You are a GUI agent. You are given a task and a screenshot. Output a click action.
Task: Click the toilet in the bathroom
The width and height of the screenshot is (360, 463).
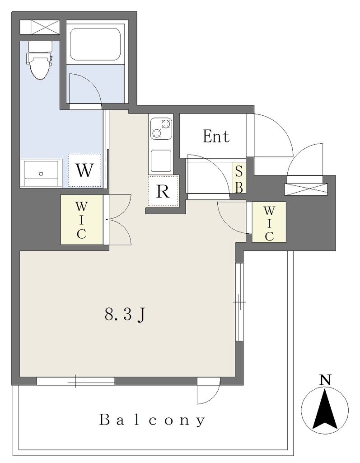40,61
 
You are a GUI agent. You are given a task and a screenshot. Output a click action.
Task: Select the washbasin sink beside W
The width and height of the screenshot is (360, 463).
41,173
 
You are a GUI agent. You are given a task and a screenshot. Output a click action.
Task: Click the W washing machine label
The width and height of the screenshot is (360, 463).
84,170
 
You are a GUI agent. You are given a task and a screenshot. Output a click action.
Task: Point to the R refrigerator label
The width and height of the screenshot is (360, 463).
163,191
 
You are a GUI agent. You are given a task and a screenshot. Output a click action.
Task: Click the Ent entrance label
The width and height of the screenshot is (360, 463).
216,137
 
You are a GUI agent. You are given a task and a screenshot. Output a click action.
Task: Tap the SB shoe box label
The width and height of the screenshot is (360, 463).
239,179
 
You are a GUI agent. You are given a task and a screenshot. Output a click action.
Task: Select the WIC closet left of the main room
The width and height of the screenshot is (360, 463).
82,219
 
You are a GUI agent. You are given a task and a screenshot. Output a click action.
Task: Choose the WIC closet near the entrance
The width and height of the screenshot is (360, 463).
269,222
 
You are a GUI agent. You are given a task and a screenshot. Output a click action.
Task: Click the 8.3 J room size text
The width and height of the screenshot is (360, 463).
125,315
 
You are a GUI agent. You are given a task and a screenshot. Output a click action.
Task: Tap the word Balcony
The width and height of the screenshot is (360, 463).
152,420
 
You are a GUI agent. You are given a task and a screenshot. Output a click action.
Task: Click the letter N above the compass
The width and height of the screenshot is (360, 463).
325,380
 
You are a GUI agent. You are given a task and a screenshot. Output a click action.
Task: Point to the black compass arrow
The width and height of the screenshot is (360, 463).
325,409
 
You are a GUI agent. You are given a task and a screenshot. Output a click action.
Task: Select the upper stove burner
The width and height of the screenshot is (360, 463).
166,123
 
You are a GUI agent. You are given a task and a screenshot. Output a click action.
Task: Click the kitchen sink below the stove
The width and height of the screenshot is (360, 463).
161,161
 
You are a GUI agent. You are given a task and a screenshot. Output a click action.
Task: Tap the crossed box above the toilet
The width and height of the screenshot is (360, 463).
40,27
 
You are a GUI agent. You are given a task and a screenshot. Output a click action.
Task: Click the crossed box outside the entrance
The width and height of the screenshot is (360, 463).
306,189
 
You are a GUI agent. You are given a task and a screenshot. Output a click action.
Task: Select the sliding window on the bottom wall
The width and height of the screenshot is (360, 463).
75,381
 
